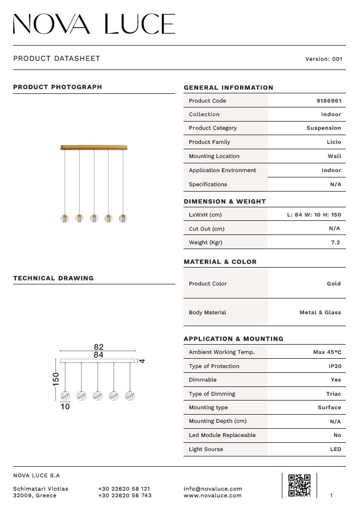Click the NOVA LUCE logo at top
point(94,24)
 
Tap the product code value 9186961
point(329,101)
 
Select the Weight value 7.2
point(336,243)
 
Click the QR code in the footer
point(299,485)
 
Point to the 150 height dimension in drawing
point(56,379)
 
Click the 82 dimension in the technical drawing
point(98,347)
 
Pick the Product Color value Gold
point(334,283)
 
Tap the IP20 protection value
point(334,366)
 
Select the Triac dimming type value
point(334,394)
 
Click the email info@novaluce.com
point(213,488)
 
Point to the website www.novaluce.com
point(213,496)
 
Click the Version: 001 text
point(324,59)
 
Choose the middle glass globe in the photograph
point(94,218)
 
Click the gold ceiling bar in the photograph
point(94,147)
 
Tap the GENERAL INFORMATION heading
point(229,87)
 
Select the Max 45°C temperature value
point(327,352)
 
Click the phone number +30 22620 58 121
point(124,488)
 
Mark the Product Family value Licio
point(334,142)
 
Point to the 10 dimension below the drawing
point(65,406)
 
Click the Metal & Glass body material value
point(320,313)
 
